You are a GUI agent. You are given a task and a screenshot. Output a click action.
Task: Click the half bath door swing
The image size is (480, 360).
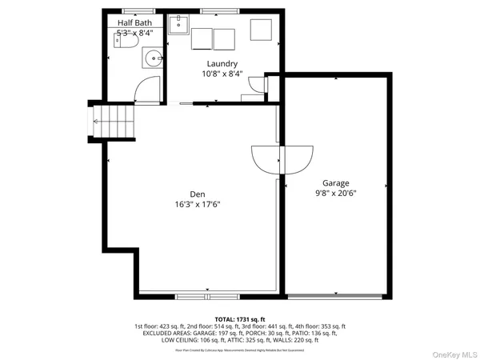tap(146, 90)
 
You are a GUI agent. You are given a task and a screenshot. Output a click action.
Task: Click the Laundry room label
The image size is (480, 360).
tap(222, 64)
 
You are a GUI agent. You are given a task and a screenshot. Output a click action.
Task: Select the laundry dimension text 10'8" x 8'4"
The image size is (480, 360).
tap(222, 74)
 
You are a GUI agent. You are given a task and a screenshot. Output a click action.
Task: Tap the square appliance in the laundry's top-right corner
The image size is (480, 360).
tap(262, 30)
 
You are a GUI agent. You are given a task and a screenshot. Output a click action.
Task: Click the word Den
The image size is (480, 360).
tap(198, 194)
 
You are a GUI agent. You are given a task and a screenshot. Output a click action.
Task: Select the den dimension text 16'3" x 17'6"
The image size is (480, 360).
tap(198, 204)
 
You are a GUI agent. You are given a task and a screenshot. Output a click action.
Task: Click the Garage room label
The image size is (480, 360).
tap(336, 183)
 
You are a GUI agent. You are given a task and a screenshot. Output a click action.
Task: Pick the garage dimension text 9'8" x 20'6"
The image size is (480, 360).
tap(336, 193)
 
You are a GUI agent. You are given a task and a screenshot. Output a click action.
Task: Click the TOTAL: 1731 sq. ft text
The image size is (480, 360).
tap(239, 319)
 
